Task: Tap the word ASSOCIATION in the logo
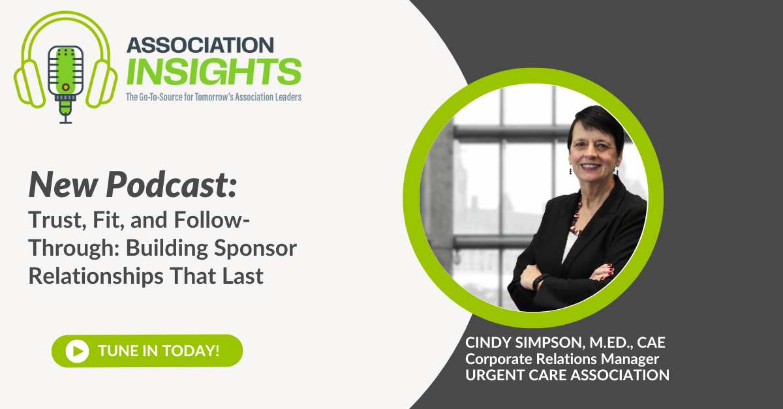point(200,45)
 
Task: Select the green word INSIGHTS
point(213,71)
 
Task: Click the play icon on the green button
point(77,350)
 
